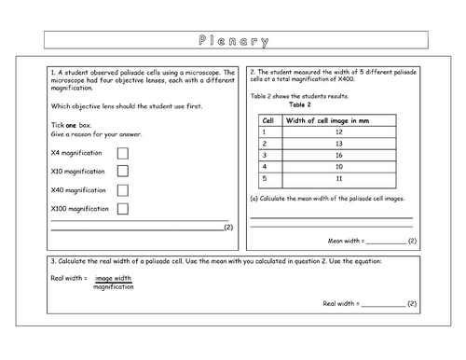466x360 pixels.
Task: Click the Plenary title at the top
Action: (x=234, y=41)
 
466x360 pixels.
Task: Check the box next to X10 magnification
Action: (x=123, y=172)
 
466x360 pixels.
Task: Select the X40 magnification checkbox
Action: (x=123, y=190)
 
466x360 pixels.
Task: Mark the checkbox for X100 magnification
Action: (x=123, y=209)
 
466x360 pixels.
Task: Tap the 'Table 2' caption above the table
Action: (x=327, y=105)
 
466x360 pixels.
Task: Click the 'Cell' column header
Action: (x=269, y=119)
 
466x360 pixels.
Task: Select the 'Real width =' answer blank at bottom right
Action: (x=382, y=304)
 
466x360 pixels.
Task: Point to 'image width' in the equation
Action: (x=114, y=278)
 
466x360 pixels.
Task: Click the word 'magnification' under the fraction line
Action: (x=114, y=287)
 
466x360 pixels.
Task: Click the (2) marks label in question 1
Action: (x=228, y=228)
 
